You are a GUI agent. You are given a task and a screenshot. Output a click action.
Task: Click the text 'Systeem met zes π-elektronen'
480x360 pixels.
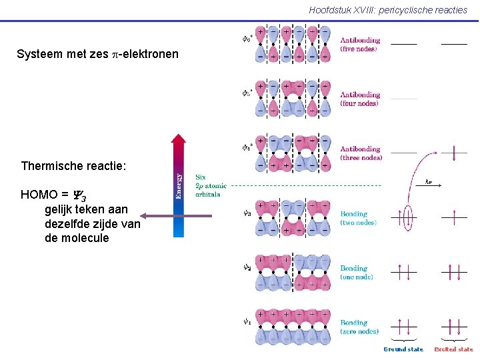click(x=97, y=53)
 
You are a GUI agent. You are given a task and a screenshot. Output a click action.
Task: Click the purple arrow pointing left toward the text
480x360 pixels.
click(x=177, y=215)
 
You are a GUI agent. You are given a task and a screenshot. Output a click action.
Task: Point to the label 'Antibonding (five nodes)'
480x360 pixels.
click(x=360, y=44)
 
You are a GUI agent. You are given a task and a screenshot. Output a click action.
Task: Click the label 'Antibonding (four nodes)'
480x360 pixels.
click(x=360, y=99)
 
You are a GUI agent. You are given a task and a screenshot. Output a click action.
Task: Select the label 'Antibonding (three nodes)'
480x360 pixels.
click(x=361, y=153)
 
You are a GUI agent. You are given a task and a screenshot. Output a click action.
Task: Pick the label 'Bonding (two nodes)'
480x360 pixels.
click(x=359, y=218)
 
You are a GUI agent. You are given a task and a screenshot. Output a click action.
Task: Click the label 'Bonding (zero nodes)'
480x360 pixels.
click(x=359, y=327)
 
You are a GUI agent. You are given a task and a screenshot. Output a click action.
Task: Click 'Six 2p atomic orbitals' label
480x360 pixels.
click(x=210, y=185)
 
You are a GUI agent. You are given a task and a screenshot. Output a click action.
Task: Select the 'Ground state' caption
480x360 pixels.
click(x=403, y=349)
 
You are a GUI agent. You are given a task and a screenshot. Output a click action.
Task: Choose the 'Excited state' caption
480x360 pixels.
click(x=454, y=349)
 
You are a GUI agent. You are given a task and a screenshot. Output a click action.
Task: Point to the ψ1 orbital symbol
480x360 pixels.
click(x=247, y=321)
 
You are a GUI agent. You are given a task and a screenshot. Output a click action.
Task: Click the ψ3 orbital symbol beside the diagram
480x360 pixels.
click(x=247, y=213)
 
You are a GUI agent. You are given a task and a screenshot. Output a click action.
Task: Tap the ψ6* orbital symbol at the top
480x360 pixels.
click(x=247, y=37)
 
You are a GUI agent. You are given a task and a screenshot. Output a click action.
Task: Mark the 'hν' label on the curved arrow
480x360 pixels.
click(x=429, y=182)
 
